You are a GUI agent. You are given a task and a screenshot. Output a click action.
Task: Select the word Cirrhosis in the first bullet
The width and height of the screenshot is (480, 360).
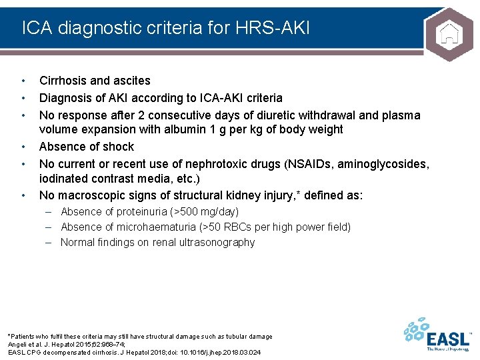[x=63, y=81]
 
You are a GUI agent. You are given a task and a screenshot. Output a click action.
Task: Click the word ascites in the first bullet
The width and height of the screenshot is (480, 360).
[x=131, y=81]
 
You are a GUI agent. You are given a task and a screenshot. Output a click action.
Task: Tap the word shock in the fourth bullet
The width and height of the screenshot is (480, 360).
[x=118, y=147]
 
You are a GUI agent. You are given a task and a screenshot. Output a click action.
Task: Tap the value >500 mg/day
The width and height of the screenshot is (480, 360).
[x=205, y=211]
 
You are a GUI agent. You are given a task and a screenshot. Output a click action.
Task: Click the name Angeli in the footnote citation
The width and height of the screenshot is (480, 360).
[x=18, y=344]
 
